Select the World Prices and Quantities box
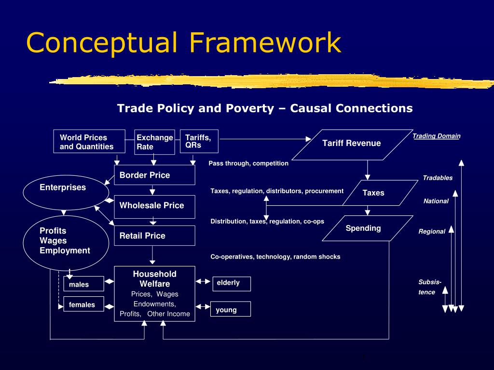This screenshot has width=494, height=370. pyautogui.click(x=89, y=142)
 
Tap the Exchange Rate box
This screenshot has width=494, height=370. pyautogui.click(x=154, y=142)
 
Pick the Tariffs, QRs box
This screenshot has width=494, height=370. pyautogui.click(x=199, y=141)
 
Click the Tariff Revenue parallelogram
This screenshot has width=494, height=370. pyautogui.click(x=351, y=143)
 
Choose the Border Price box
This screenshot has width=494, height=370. pyautogui.click(x=154, y=175)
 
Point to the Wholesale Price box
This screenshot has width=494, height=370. pyautogui.click(x=154, y=206)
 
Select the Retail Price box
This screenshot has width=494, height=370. pyautogui.click(x=154, y=236)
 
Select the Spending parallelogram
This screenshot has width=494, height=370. pyautogui.click(x=363, y=228)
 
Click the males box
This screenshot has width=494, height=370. pyautogui.click(x=83, y=284)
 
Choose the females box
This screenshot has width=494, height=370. pyautogui.click(x=83, y=304)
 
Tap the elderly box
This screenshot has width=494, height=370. pyautogui.click(x=232, y=284)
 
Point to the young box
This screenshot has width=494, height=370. pyautogui.click(x=230, y=309)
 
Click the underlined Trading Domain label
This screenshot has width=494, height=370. pyautogui.click(x=436, y=136)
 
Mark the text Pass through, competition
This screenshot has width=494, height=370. pyautogui.click(x=248, y=163)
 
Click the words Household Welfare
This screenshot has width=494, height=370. pyautogui.click(x=154, y=279)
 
